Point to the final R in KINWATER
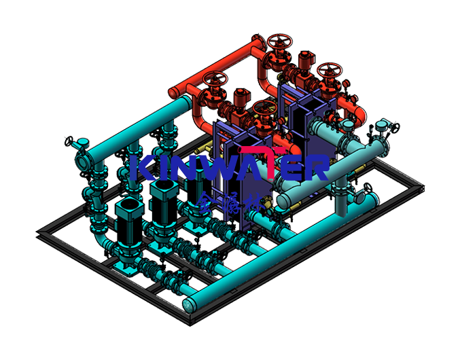pyautogui.click(x=317, y=167)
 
